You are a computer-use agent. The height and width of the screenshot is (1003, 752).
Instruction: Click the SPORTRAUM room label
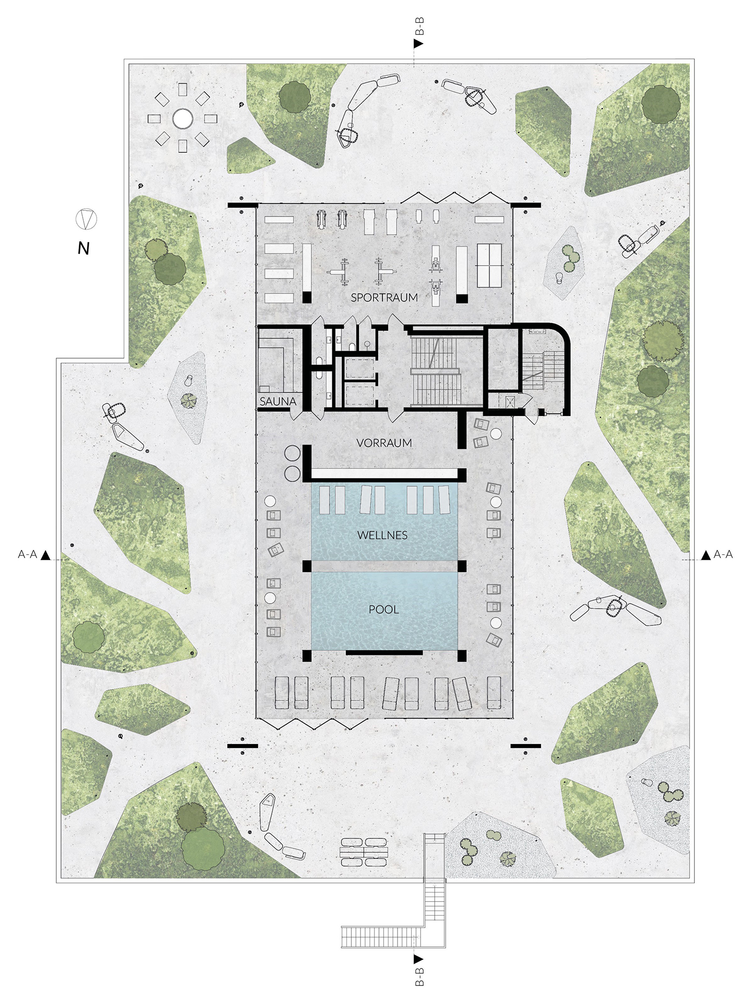pos(384,298)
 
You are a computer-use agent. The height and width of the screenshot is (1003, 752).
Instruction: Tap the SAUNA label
pos(278,401)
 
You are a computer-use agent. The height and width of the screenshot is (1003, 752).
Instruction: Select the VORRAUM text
pos(384,443)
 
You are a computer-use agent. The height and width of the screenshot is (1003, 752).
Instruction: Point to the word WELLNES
pos(383,535)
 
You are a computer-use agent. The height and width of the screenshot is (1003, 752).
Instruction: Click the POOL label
pos(384,610)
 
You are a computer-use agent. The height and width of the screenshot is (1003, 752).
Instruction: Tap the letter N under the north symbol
pos(84,248)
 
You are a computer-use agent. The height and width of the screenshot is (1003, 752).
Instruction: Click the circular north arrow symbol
pos(86,219)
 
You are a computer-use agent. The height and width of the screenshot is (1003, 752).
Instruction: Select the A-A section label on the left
pos(28,554)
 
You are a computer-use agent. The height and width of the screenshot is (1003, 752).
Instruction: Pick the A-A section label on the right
pos(723,554)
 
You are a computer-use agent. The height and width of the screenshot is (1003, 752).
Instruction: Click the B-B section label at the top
pos(420,26)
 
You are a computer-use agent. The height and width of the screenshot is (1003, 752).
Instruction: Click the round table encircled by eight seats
pos(182,119)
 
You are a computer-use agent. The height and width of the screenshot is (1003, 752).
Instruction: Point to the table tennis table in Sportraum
pos(489,265)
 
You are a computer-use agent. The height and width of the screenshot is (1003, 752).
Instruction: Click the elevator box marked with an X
pos(511,402)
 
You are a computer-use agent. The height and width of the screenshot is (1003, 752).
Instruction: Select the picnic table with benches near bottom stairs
pos(364,852)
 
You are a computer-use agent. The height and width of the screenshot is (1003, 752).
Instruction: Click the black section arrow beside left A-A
pos(46,555)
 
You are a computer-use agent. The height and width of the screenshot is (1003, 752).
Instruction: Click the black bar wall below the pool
pos(385,652)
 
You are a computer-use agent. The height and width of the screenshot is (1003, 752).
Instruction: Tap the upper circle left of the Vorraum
pos(292,453)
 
